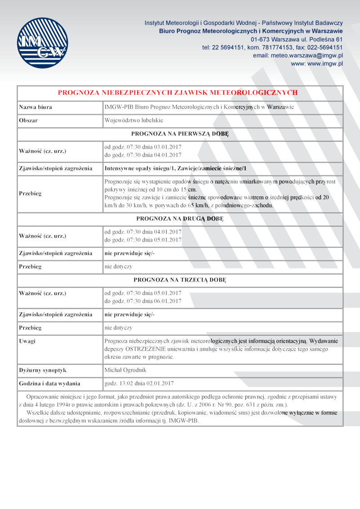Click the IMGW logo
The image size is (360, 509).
click(x=42, y=43)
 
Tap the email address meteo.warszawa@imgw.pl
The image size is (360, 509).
click(x=307, y=55)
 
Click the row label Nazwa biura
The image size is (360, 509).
click(x=36, y=107)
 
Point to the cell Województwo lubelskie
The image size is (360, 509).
click(x=134, y=121)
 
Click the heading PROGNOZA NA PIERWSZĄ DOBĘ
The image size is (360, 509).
click(x=180, y=134)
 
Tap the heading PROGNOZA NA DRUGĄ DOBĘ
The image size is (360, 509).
click(x=180, y=219)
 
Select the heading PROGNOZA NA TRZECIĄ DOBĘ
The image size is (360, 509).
click(x=180, y=280)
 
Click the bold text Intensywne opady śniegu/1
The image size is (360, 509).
click(x=139, y=169)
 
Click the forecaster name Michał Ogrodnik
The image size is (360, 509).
click(x=126, y=370)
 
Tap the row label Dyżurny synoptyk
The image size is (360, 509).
click(x=43, y=370)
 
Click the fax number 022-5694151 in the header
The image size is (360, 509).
click(x=325, y=47)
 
